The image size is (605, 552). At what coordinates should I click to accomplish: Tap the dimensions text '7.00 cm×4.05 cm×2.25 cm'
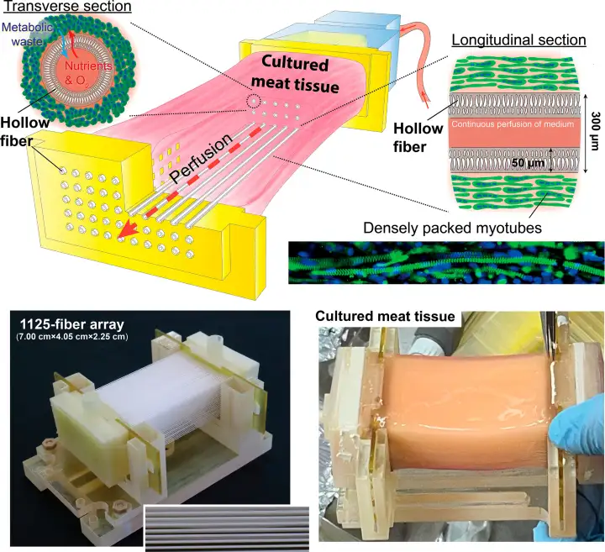coord(72,338)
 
